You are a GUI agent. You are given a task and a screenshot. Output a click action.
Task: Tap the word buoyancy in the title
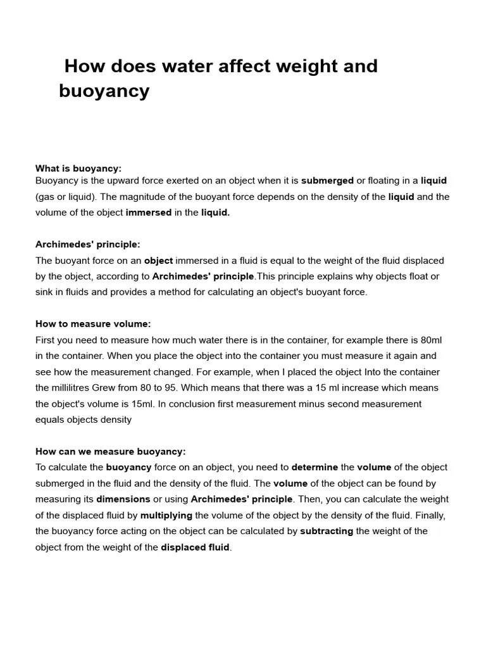click(104, 91)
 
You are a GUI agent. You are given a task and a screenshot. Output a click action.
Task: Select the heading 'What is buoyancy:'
click(78, 168)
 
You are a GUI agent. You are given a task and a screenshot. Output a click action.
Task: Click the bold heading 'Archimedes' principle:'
click(88, 244)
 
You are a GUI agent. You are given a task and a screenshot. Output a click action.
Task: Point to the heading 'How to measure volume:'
click(93, 324)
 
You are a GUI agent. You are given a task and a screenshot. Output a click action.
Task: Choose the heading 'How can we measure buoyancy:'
click(111, 451)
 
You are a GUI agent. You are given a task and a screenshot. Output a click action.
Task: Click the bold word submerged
click(327, 181)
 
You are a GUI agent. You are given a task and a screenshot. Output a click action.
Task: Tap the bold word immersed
click(149, 213)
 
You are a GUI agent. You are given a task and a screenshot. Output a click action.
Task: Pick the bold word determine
click(315, 467)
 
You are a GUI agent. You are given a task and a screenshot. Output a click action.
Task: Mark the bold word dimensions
click(123, 499)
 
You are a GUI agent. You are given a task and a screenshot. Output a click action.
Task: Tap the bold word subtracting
click(327, 531)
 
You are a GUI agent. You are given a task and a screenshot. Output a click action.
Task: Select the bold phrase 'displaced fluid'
click(196, 547)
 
